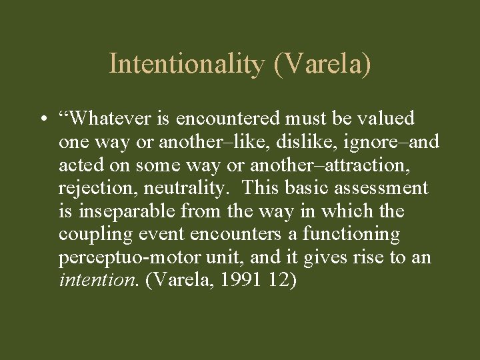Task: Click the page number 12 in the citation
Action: coord(279,280)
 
